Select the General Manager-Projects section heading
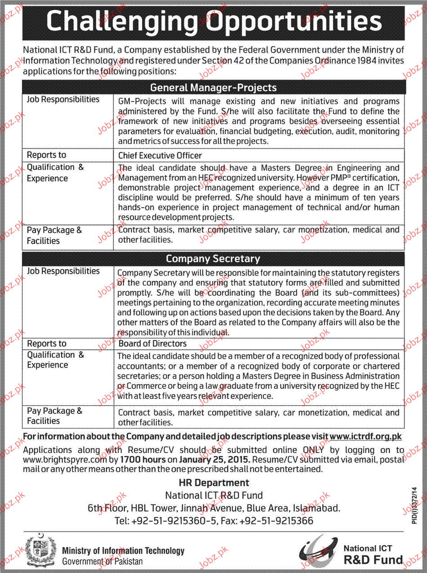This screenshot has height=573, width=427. point(213,87)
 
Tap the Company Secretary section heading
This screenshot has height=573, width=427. point(213,259)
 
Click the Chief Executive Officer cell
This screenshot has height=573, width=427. point(160,155)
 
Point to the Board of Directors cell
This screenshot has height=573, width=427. point(152,344)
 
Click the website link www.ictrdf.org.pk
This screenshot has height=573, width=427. point(365,436)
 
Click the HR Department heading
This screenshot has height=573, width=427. point(213,483)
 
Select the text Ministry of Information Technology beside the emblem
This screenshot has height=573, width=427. point(123,551)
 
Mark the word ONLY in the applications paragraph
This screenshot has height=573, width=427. point(313,450)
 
